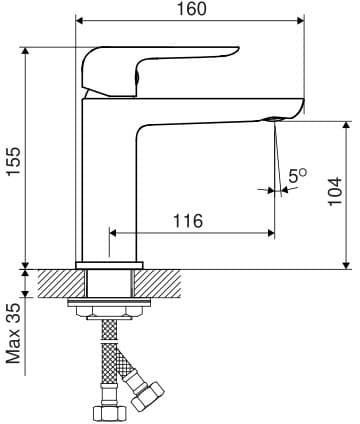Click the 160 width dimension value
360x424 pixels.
point(191,9)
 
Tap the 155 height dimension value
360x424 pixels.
point(14,161)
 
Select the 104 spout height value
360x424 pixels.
point(335,192)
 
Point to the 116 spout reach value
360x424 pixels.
point(188,221)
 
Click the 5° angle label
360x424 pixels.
point(297,175)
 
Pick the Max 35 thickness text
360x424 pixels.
point(14,333)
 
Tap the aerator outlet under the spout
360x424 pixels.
point(274,119)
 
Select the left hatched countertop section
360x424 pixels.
point(61,283)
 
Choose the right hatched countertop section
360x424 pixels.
point(158,283)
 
